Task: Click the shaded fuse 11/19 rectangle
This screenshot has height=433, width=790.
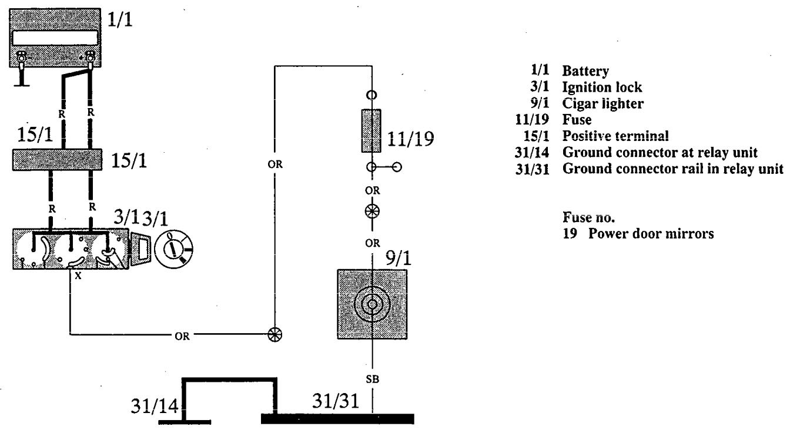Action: (371, 130)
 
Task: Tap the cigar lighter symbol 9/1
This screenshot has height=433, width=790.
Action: (371, 304)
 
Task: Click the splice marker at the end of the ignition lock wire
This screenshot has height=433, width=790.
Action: (274, 334)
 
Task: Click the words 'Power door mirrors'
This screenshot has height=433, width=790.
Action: (647, 233)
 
